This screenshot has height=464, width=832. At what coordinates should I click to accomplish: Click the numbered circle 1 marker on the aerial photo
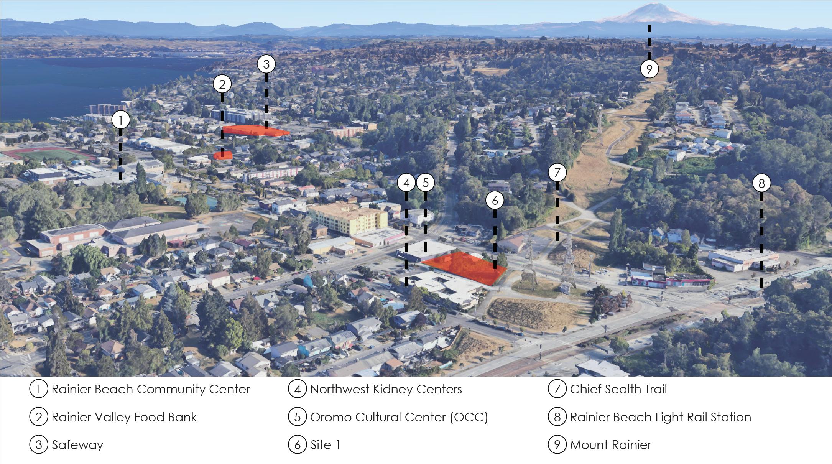click(x=121, y=120)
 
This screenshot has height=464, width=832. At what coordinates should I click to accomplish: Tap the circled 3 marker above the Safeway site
click(x=266, y=64)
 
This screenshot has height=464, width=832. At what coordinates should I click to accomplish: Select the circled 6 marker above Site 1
click(x=495, y=200)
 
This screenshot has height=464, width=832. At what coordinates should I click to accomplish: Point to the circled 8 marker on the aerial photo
click(x=761, y=183)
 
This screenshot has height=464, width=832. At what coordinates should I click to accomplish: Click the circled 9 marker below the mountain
click(x=649, y=69)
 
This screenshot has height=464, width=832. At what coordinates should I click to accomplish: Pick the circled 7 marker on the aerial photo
click(x=557, y=173)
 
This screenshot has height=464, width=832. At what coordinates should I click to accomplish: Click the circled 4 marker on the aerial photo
click(x=406, y=183)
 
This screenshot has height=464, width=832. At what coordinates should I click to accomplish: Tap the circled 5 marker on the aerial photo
click(x=425, y=183)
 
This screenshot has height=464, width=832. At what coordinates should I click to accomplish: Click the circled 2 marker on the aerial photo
click(x=222, y=84)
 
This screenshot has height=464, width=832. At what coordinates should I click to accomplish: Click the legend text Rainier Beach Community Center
click(x=151, y=389)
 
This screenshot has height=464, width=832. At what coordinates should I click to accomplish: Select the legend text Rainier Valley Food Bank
click(x=124, y=417)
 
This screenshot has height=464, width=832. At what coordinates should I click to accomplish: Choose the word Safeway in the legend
click(x=77, y=445)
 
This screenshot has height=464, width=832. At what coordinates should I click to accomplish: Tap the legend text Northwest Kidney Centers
click(x=386, y=389)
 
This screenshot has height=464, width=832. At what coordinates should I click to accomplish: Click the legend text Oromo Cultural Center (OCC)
click(x=399, y=417)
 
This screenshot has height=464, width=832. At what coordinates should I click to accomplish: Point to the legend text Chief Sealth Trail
click(x=618, y=389)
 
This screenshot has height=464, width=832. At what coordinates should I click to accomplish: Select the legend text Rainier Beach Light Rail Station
click(x=661, y=417)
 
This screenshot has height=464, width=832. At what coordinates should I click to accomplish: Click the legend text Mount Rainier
click(x=611, y=445)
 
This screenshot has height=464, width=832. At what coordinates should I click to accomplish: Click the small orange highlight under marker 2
click(x=223, y=155)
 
